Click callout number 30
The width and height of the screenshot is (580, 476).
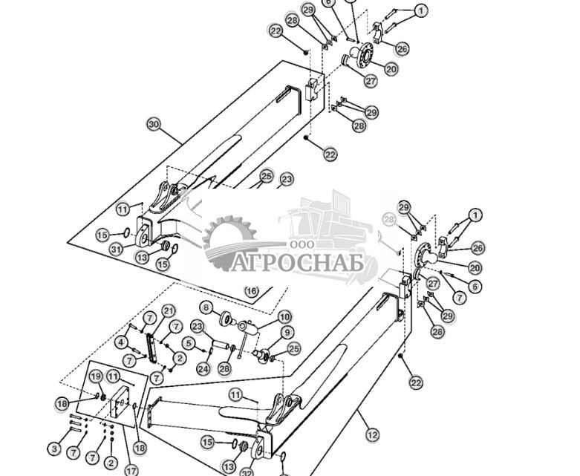pos(154,123)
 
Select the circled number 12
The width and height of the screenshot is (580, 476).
pos(372,435)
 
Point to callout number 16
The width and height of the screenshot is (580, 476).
pos(252,291)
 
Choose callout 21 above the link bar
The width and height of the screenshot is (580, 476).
pos(169,310)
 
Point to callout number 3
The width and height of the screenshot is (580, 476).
pos(54,449)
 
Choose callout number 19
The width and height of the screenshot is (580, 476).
pos(96,377)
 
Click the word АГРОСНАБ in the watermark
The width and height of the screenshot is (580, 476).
pos(298,264)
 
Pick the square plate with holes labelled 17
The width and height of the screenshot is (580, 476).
pos(119,410)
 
